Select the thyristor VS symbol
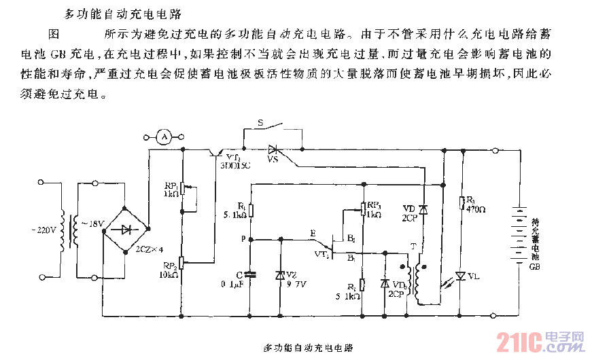[x=275, y=149]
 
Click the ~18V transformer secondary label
[x=93, y=224]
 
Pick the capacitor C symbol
[x=250, y=274]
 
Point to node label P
[x=243, y=240]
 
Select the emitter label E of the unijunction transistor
[x=313, y=232]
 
